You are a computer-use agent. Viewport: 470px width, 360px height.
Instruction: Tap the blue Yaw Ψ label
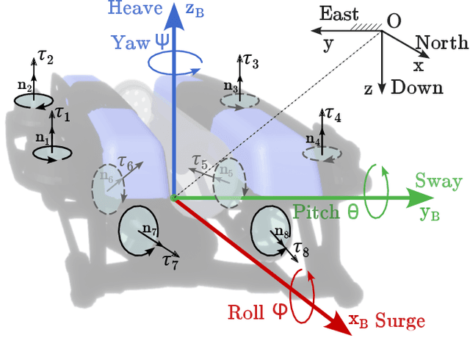point(140,41)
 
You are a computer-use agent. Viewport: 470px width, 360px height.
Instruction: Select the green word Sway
point(438,181)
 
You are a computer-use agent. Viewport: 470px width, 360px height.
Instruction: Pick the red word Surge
point(399,321)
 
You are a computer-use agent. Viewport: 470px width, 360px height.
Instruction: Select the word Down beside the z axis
point(417,88)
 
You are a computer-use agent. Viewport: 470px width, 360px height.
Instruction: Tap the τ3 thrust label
point(250,62)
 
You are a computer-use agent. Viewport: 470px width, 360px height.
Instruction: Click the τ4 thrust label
point(333,115)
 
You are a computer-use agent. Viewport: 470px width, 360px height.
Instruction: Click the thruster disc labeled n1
point(51,153)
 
